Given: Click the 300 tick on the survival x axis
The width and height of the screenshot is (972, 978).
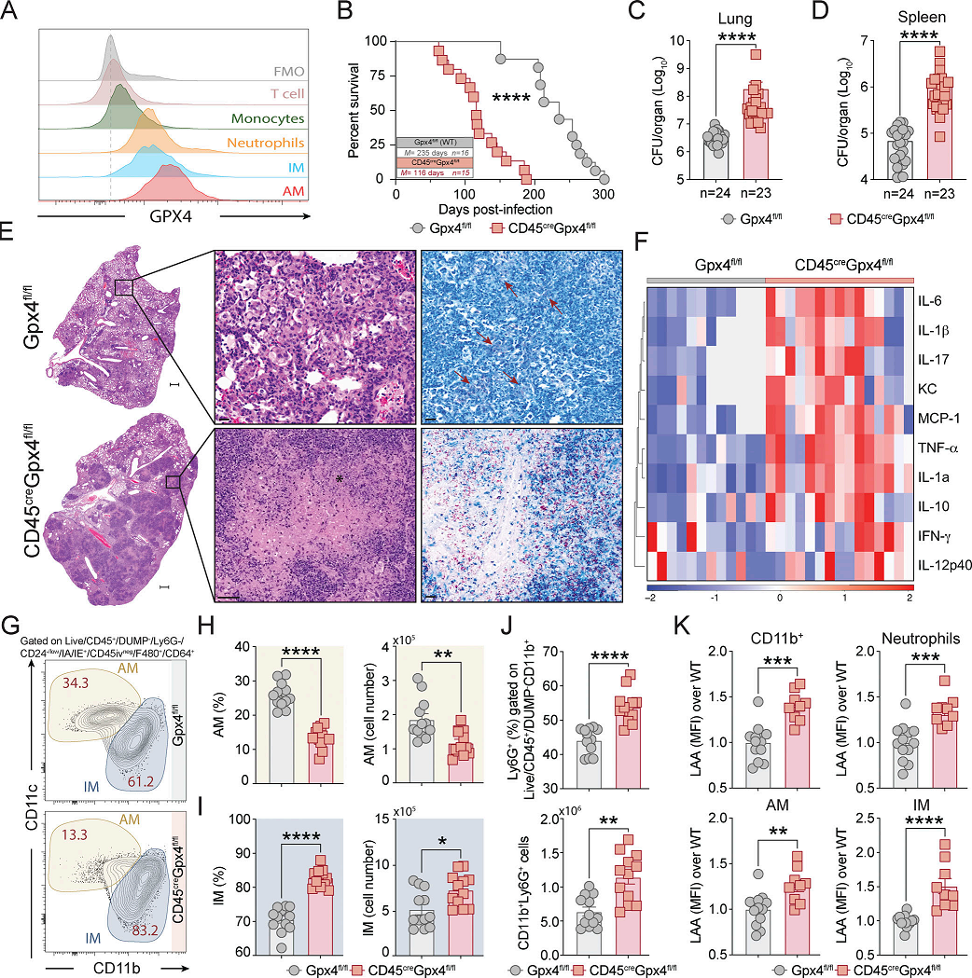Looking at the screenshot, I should pos(604,194).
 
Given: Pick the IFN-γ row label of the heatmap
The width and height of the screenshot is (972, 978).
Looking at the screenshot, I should pos(935,537).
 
